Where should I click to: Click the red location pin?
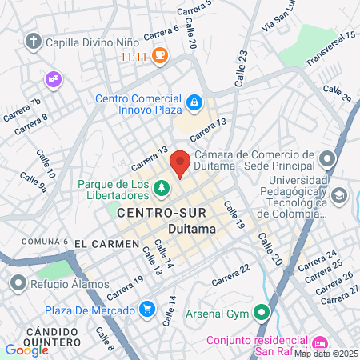click(x=180, y=162)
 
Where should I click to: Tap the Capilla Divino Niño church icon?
click(x=34, y=41)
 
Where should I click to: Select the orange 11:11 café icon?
click(x=160, y=55)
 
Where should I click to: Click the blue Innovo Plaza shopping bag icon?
click(x=194, y=102)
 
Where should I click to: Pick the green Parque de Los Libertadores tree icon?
click(x=162, y=189)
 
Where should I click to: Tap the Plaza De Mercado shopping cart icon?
click(x=146, y=309)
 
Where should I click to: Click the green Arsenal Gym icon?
click(x=261, y=313)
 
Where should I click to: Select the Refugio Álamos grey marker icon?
click(x=18, y=282)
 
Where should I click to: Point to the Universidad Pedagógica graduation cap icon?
click(x=338, y=196)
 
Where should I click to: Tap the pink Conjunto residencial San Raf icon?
click(x=322, y=341)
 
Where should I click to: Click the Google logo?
click(x=26, y=350)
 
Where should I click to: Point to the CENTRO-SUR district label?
click(x=162, y=214)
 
